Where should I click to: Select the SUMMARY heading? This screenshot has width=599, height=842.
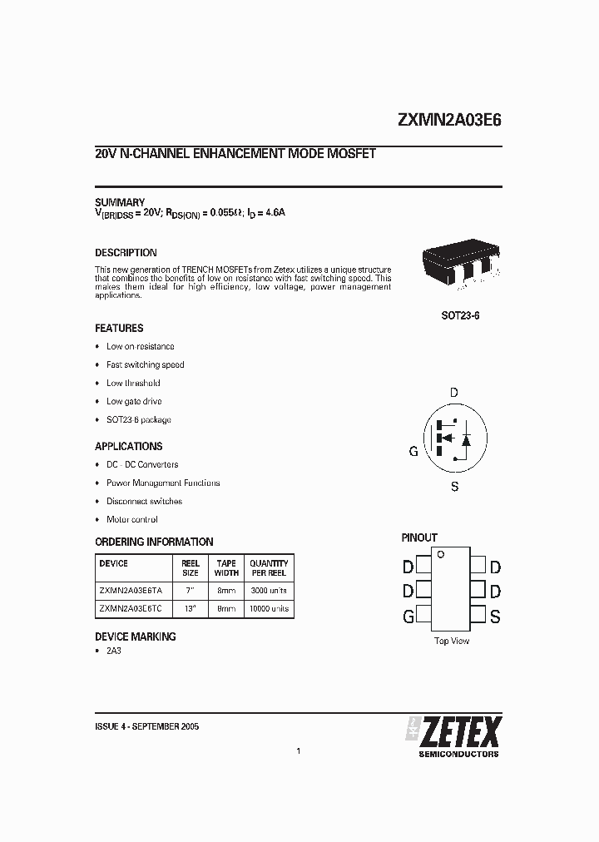tap(120, 202)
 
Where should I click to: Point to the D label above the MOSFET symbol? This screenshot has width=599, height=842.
tap(453, 392)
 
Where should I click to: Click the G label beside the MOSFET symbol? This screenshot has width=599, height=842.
tap(413, 452)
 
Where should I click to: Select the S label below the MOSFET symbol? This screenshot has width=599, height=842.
tap(454, 487)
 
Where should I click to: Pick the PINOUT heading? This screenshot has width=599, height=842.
tap(419, 537)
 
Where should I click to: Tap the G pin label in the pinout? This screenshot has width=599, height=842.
tap(408, 617)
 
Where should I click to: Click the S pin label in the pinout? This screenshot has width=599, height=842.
tap(495, 617)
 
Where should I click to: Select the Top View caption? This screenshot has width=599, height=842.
tap(452, 641)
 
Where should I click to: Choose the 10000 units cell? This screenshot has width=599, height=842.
tap(269, 609)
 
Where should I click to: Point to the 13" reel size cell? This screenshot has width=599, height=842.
tap(190, 609)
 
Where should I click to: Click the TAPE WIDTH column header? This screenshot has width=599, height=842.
tap(226, 568)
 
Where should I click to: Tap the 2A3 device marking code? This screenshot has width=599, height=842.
tap(114, 651)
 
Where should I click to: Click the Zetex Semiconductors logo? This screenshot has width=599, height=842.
tap(453, 736)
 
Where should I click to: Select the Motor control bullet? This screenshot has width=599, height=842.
tap(131, 519)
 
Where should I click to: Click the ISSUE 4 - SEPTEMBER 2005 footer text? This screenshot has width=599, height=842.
tap(146, 726)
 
